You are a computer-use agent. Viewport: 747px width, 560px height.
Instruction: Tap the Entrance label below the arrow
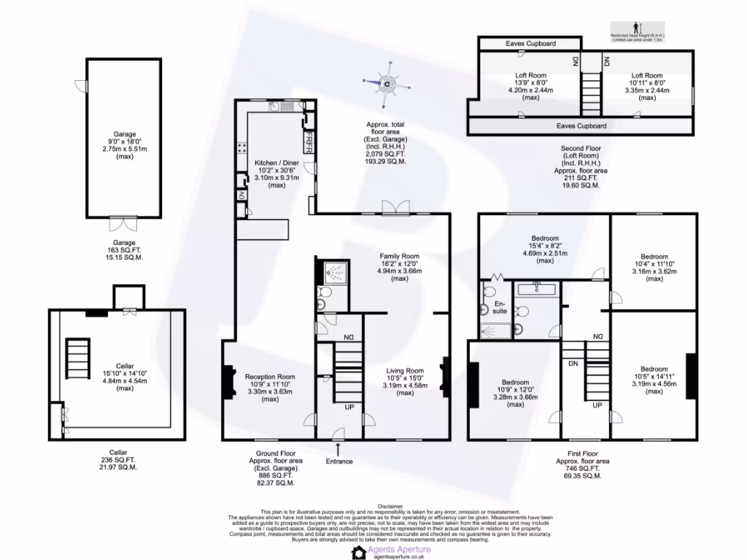point(339,461)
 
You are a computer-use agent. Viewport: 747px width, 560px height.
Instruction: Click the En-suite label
point(500,306)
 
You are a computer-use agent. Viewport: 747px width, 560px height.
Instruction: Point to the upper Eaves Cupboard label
point(530,44)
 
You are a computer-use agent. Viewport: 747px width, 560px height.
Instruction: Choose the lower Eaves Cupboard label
point(581,125)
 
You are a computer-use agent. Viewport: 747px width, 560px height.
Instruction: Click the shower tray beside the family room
point(333,273)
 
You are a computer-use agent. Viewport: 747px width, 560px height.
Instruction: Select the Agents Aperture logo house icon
point(359,551)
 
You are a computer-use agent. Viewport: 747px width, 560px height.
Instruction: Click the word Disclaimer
point(390,505)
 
